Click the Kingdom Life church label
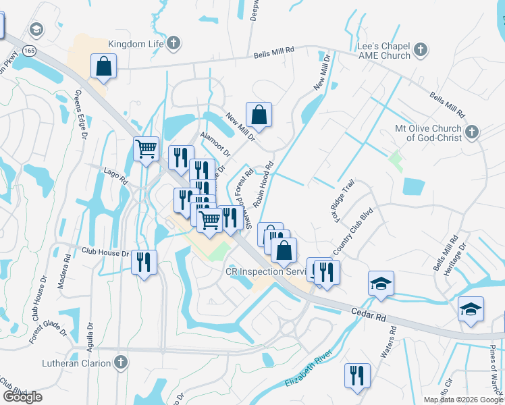pyautogui.click(x=136, y=44)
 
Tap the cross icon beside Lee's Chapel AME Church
pyautogui.click(x=420, y=49)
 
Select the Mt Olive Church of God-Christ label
pyautogui.click(x=429, y=133)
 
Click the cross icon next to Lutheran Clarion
pyautogui.click(x=121, y=362)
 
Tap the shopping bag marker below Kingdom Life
pyautogui.click(x=104, y=67)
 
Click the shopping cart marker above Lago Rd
pyautogui.click(x=147, y=149)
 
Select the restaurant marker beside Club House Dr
pyautogui.click(x=144, y=262)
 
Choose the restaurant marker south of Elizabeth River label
pyautogui.click(x=357, y=375)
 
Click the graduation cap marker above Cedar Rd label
pyautogui.click(x=381, y=283)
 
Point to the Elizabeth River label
pyautogui.click(x=310, y=367)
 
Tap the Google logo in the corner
pyautogui.click(x=22, y=397)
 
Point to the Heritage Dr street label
pyautogui.click(x=456, y=258)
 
